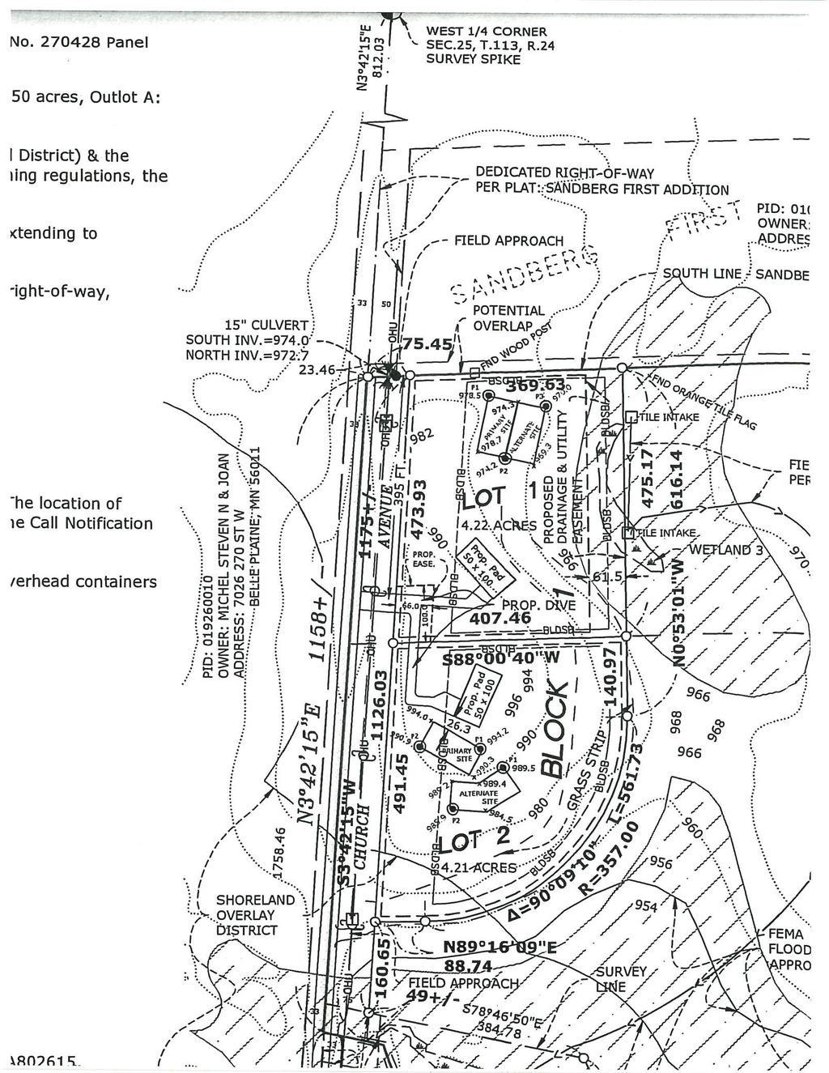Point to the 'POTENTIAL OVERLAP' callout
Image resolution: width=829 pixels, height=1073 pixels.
click(508, 318)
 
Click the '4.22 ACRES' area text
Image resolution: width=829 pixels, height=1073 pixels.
click(498, 525)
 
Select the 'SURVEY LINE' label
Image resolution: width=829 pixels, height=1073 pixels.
click(620, 978)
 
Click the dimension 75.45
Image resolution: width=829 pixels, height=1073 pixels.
click(427, 344)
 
